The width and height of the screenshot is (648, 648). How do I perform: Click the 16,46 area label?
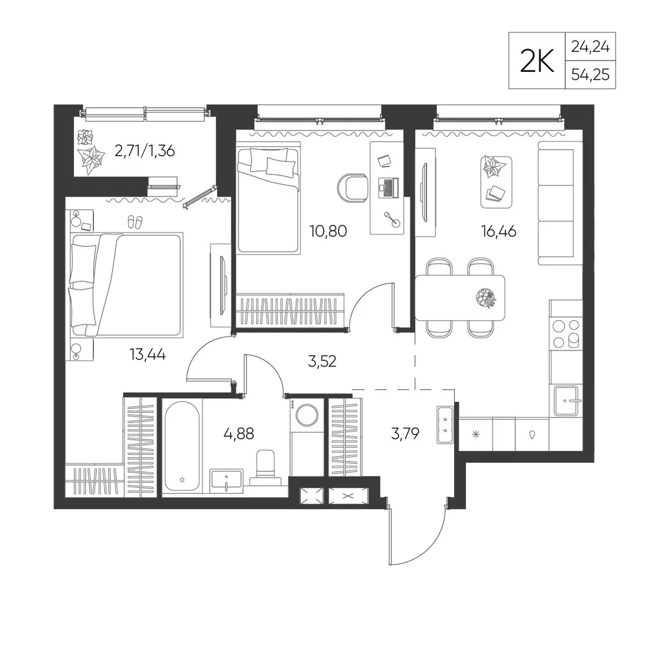(498, 231)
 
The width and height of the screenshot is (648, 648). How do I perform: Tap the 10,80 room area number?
(328, 231)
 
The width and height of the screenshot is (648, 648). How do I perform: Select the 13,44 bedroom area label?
(148, 354)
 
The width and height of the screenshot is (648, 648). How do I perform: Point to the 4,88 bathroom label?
(238, 434)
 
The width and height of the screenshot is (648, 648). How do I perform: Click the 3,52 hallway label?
(322, 362)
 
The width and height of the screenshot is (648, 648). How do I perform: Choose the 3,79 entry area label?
(405, 434)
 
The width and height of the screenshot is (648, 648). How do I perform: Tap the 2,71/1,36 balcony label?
(145, 151)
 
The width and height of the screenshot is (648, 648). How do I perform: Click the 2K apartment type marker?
(537, 60)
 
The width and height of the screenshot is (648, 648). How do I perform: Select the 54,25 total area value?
(590, 75)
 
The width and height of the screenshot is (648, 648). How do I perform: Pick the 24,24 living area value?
(590, 47)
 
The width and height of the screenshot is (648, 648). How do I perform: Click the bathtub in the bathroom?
(182, 446)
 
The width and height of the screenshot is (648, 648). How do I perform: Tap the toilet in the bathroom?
(265, 467)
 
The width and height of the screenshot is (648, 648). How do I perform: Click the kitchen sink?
(566, 400)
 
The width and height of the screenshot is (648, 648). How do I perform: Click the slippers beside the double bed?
(135, 222)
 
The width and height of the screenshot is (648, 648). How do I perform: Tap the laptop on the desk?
(388, 188)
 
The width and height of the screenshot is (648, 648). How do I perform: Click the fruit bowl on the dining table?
(486, 297)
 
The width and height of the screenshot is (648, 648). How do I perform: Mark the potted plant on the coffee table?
(494, 167)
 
